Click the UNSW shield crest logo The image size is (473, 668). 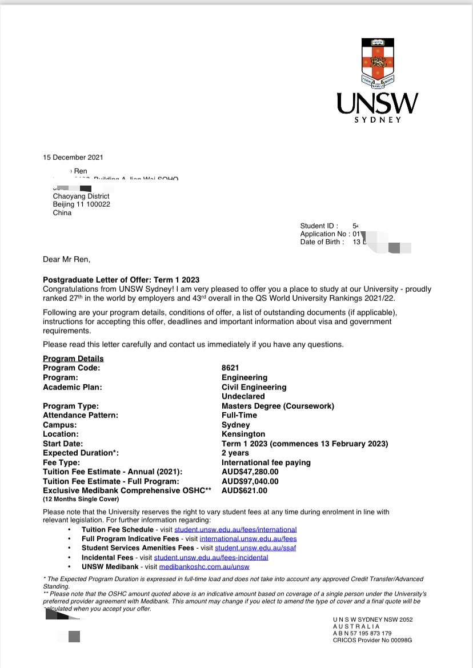tap(377, 62)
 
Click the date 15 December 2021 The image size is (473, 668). tap(73, 158)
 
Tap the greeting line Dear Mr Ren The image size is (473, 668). tap(66, 259)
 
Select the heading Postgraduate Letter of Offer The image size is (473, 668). tap(121, 280)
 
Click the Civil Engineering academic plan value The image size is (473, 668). tap(254, 387)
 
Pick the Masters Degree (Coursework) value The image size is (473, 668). tap(278, 406)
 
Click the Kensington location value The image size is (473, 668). tap(243, 434)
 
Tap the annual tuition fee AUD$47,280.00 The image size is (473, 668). tap(250, 472)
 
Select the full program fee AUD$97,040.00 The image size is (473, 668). tap(250, 481)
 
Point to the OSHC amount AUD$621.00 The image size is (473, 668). tap(244, 490)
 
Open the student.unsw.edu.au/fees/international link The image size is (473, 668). tap(235, 530)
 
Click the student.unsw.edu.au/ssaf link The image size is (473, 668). tap(255, 548)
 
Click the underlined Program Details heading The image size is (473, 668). tap(73, 359)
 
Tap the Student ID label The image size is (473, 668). tap(319, 226)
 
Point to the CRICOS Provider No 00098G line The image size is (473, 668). tap(372, 641)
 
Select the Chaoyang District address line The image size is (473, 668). tap(81, 196)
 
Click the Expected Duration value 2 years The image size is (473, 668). tap(235, 453)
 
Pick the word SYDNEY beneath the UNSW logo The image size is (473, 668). tap(378, 120)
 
